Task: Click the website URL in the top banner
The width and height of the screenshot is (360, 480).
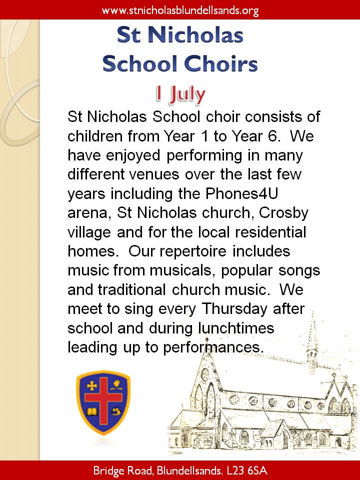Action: coord(180,10)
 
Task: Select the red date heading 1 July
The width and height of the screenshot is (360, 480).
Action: coord(180,93)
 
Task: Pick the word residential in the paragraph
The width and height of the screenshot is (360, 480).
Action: coord(269,232)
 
